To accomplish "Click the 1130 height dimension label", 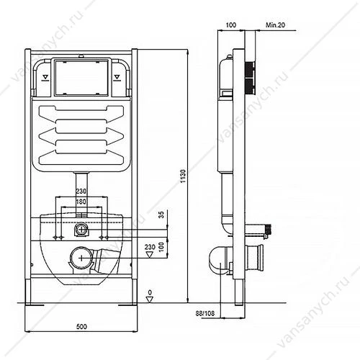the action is pyautogui.click(x=183, y=176).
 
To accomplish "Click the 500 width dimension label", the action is pyautogui.click(x=81, y=326).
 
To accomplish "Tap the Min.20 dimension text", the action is pyautogui.click(x=275, y=25).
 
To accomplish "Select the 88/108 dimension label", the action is pyautogui.click(x=205, y=313).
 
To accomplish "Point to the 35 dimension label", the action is pyautogui.click(x=162, y=215).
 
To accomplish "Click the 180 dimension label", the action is pyautogui.click(x=81, y=202).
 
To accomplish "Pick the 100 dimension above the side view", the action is pyautogui.click(x=231, y=25).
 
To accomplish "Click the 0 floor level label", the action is pyautogui.click(x=150, y=292).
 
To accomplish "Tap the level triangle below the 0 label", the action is pyautogui.click(x=150, y=300).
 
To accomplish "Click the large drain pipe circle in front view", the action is pyautogui.click(x=81, y=258).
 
